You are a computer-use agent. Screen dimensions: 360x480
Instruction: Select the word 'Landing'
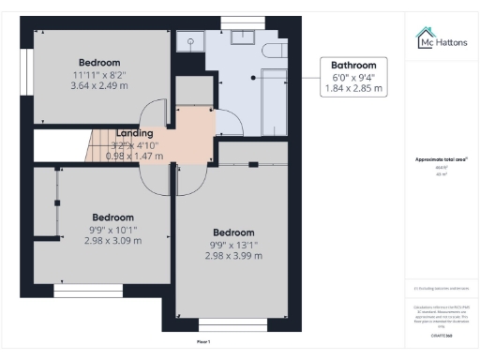pos(135,134)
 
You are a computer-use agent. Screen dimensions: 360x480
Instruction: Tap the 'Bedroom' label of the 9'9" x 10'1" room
pos(112,217)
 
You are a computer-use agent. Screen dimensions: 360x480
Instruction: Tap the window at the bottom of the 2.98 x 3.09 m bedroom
pos(80,292)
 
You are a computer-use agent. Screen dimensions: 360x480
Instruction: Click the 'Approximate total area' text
pos(441,160)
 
